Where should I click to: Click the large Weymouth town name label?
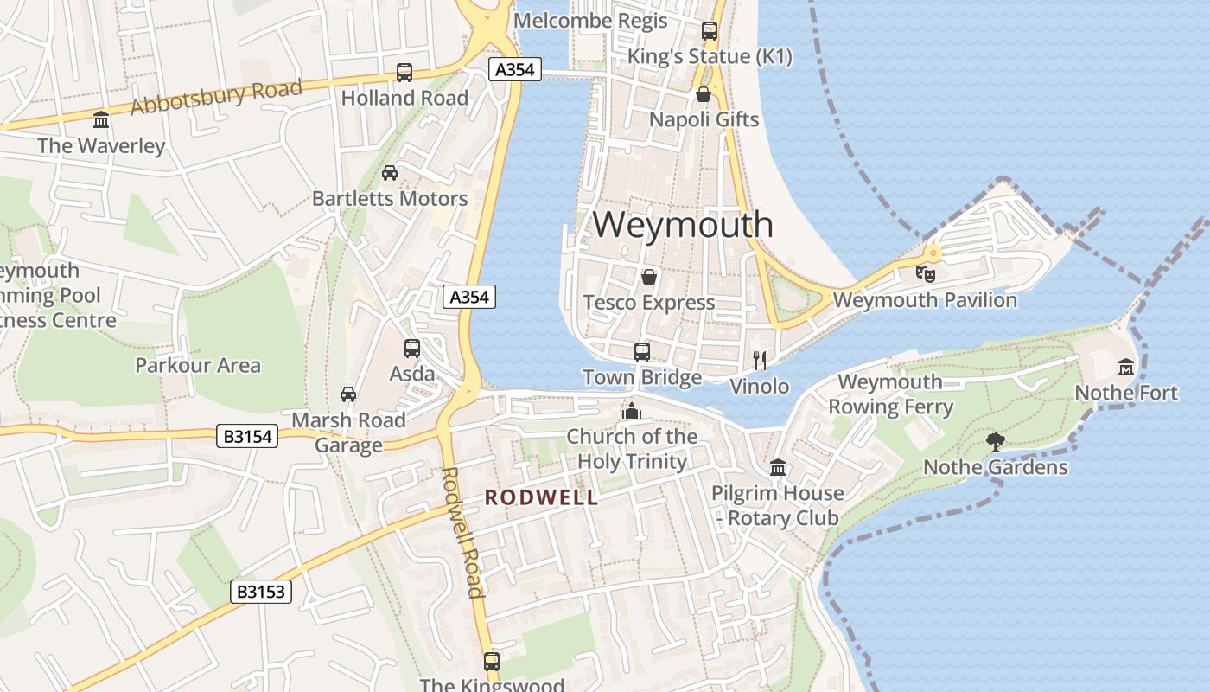[x=683, y=225]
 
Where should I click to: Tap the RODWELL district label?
[x=541, y=497]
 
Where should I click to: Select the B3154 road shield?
[x=248, y=437]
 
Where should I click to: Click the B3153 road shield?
[x=262, y=592]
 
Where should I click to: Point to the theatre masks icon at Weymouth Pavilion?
[x=926, y=273]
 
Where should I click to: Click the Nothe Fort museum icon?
[x=1125, y=368]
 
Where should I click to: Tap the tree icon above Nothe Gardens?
[x=996, y=442]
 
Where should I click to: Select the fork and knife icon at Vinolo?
[x=760, y=361]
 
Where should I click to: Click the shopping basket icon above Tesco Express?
[x=648, y=278]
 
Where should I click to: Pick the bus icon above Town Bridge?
[x=641, y=351]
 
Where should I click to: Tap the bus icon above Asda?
[x=412, y=349]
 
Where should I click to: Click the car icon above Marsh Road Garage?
[x=348, y=394]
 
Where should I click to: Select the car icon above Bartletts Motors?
[x=390, y=173]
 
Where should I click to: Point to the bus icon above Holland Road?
[x=404, y=73]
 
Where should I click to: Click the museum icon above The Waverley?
[x=101, y=119]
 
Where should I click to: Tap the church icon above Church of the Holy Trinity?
[x=632, y=411]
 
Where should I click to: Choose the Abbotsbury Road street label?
[x=216, y=97]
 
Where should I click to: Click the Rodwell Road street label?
[x=462, y=532]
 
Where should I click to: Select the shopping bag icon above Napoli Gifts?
[x=704, y=93]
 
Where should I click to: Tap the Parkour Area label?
[x=198, y=365]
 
